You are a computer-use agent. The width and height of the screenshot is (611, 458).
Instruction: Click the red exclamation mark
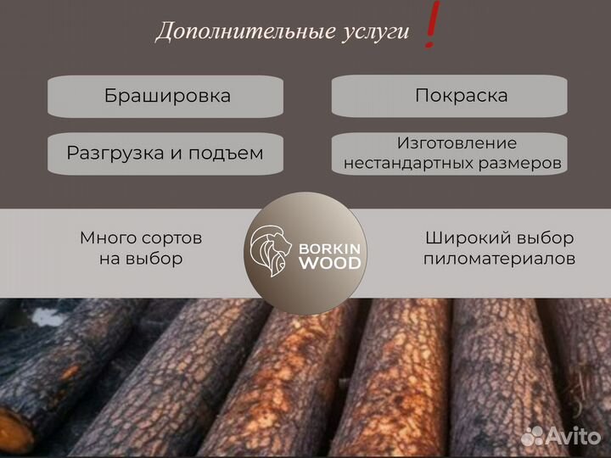tap(431, 25)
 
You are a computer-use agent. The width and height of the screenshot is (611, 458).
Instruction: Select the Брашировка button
tap(166, 95)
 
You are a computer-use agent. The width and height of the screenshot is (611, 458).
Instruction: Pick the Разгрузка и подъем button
tap(165, 153)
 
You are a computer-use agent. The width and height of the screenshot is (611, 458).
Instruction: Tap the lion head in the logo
tap(269, 252)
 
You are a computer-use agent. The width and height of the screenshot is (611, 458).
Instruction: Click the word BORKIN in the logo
tap(329, 249)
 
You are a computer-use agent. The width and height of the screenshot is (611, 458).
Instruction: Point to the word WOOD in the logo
tap(329, 264)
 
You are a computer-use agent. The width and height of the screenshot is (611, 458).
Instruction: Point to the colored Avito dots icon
tap(532, 435)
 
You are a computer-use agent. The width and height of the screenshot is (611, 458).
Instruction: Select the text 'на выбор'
tap(141, 259)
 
